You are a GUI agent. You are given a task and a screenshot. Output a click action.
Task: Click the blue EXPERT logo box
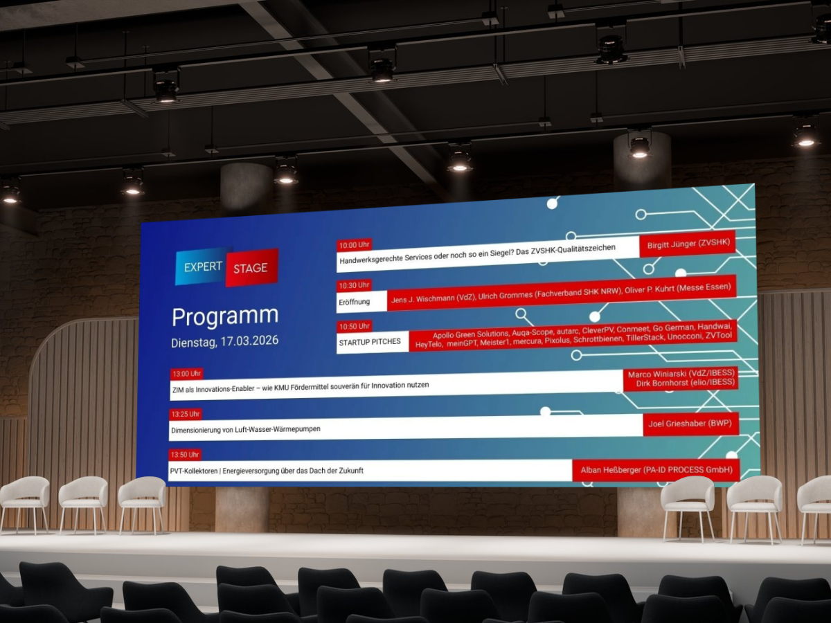tap(203, 267)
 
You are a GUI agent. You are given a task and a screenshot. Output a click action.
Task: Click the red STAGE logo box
tap(251, 267)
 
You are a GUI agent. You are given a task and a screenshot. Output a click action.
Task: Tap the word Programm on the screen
tap(225, 316)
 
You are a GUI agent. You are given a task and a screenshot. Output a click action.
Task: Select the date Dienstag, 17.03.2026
tap(225, 341)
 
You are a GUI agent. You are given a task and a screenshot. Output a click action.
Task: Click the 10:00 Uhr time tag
tap(354, 245)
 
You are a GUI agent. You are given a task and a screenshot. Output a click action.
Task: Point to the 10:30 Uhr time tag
tap(354, 285)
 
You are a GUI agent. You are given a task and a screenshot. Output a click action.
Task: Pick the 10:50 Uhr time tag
tap(354, 326)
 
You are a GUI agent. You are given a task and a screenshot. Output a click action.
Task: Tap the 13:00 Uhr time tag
tap(187, 374)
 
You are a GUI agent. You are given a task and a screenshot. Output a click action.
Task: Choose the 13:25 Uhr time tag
tap(186, 414)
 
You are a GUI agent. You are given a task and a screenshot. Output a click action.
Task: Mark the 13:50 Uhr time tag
tap(185, 455)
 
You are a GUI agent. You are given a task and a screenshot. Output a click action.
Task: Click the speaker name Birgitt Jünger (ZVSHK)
tap(688, 244)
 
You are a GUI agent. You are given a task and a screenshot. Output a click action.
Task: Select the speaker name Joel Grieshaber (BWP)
tap(690, 423)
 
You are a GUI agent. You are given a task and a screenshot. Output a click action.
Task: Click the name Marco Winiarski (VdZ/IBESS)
tap(681, 374)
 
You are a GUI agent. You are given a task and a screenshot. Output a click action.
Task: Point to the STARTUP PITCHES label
tap(370, 342)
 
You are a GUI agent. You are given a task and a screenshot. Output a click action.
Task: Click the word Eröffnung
tap(354, 303)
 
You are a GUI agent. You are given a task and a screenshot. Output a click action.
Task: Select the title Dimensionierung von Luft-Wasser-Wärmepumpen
tap(246, 429)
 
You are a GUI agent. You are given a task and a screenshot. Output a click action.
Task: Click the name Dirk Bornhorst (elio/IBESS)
tap(686, 383)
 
